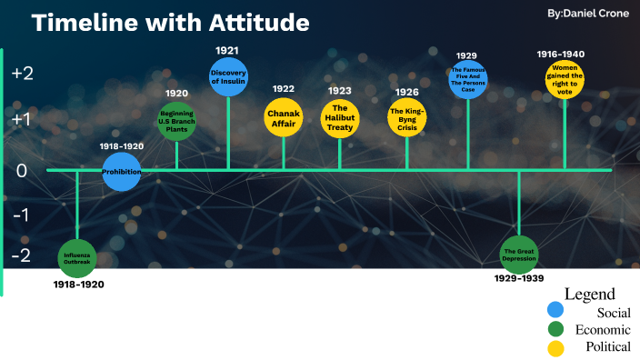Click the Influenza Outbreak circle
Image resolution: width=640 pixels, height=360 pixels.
coord(77,257)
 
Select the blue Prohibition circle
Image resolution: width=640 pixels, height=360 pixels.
coord(122,171)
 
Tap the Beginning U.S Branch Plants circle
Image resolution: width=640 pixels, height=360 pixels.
coord(176,122)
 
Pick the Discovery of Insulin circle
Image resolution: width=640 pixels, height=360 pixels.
coord(228,76)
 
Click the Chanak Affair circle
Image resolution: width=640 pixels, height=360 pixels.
coord(283,117)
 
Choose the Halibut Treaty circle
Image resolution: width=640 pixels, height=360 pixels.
coord(340,118)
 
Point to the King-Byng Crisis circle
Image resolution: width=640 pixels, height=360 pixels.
coord(406,118)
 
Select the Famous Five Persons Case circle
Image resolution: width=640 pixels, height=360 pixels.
coord(468,79)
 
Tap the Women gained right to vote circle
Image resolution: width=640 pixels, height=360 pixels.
coord(565,79)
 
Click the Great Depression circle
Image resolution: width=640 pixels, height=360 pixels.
coord(519,254)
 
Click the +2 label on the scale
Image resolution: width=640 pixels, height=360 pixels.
coord(22,74)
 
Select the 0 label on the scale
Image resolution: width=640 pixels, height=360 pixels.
coord(22,170)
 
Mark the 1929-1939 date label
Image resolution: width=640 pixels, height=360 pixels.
coord(520,277)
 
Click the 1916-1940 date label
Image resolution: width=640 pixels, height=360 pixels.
coord(565,54)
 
